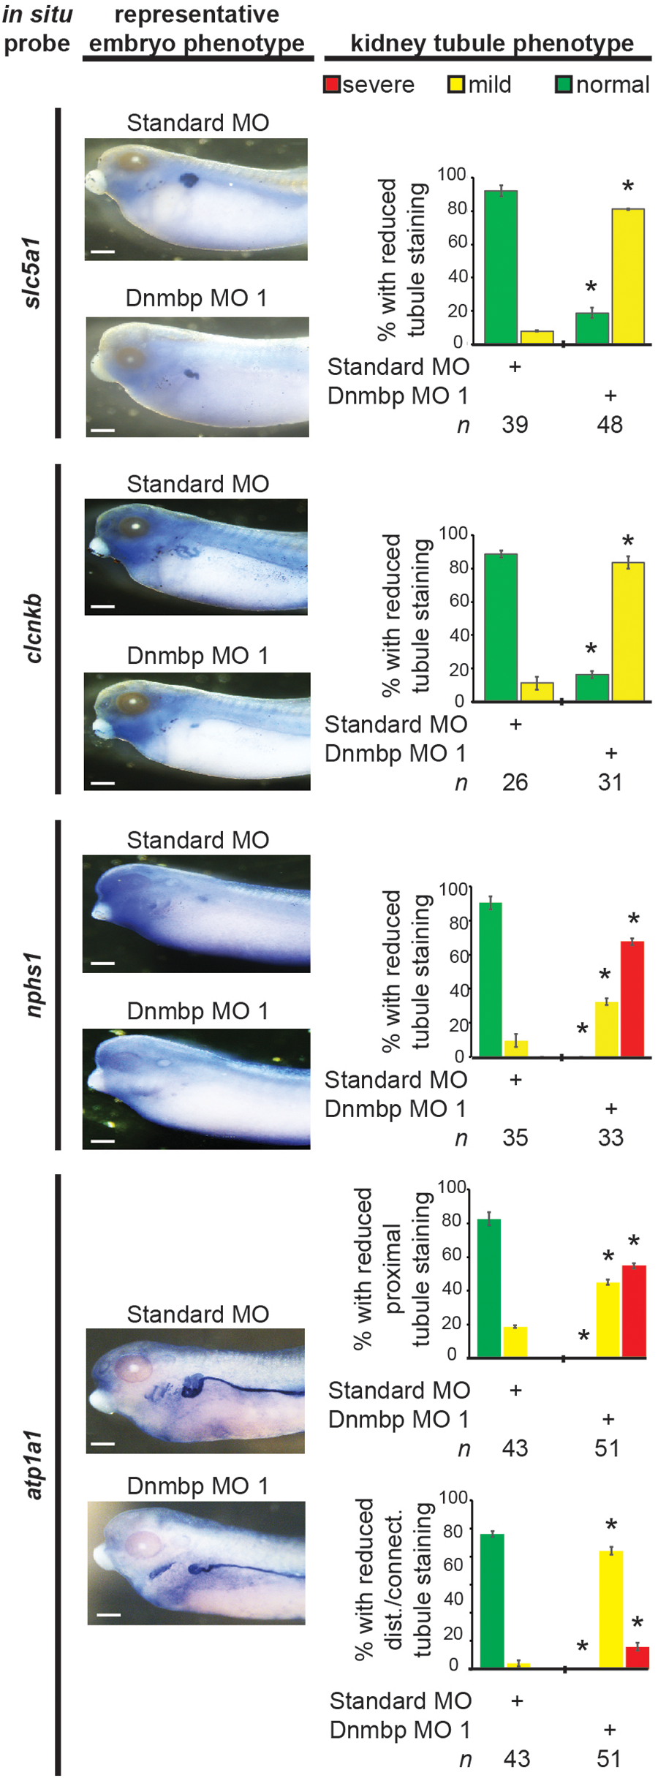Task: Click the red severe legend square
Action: [x=332, y=85]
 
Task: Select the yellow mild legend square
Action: [x=456, y=85]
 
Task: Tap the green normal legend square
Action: [x=564, y=85]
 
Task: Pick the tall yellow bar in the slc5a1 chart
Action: [x=628, y=276]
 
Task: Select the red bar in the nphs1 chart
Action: [x=632, y=999]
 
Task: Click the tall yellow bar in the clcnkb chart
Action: [x=628, y=632]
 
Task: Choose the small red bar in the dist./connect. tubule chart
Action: [x=637, y=1657]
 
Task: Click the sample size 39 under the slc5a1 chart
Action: [x=515, y=425]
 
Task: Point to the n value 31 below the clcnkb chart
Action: [x=610, y=783]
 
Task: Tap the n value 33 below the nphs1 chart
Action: [x=610, y=1138]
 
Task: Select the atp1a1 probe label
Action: [x=33, y=1465]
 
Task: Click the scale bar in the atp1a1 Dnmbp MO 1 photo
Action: [x=108, y=1614]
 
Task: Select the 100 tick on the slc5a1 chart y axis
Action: [x=451, y=174]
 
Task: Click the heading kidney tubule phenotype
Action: [x=491, y=43]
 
